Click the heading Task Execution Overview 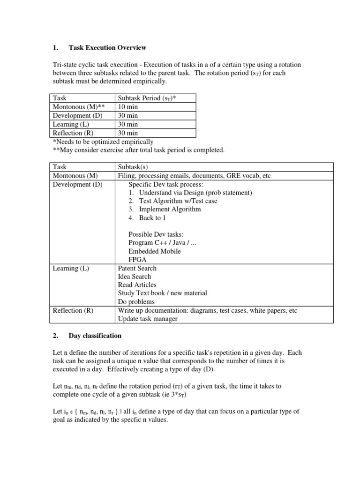pos(107,48)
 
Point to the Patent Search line pos(137,268)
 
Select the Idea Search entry pos(135,277)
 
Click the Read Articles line pos(137,285)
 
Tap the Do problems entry pos(136,302)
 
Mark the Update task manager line pos(148,319)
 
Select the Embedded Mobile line pos(154,251)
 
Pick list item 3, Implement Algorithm pos(170,209)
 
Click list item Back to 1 pos(152,217)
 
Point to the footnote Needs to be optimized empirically pos(103,142)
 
